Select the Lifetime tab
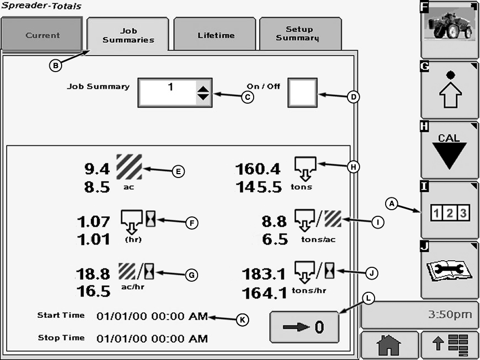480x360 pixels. [x=215, y=35]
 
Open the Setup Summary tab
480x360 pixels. [x=300, y=34]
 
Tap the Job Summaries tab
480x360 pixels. [x=128, y=35]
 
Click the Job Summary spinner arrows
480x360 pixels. [x=203, y=92]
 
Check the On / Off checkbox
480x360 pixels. [x=302, y=92]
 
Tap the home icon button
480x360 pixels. [x=388, y=346]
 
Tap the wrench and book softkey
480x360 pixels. [x=449, y=271]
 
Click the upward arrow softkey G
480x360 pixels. [x=449, y=90]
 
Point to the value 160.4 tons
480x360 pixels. [x=258, y=169]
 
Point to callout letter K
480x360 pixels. [x=242, y=320]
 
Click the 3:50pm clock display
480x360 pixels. [x=420, y=316]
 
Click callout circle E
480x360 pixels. [x=178, y=171]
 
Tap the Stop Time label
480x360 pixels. [x=61, y=338]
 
